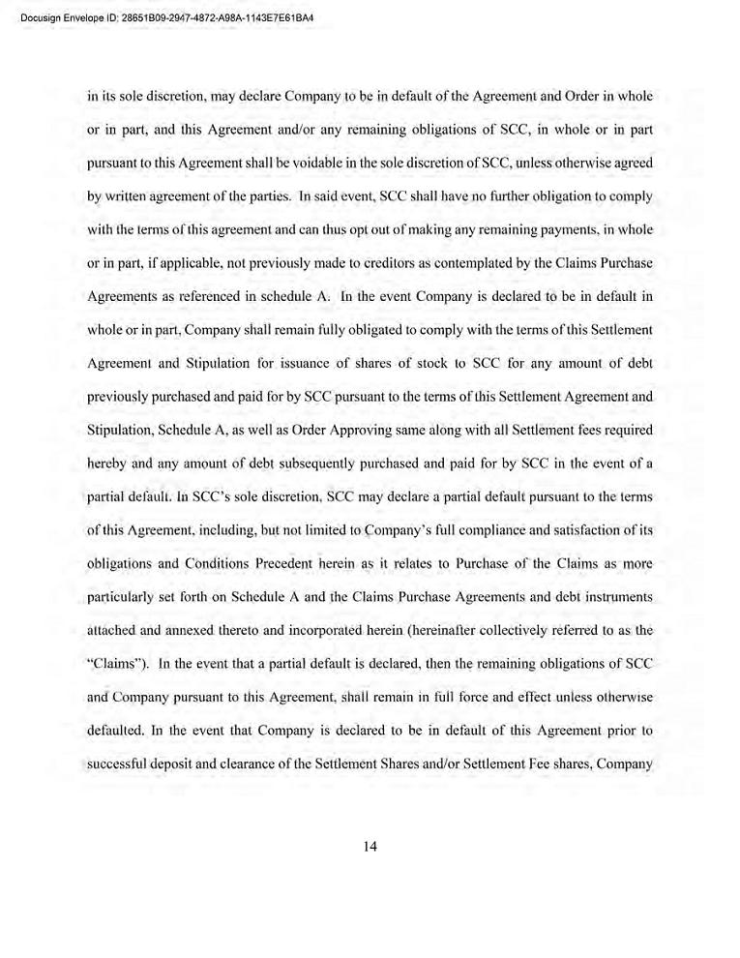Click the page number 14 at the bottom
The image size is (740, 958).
[370, 846]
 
